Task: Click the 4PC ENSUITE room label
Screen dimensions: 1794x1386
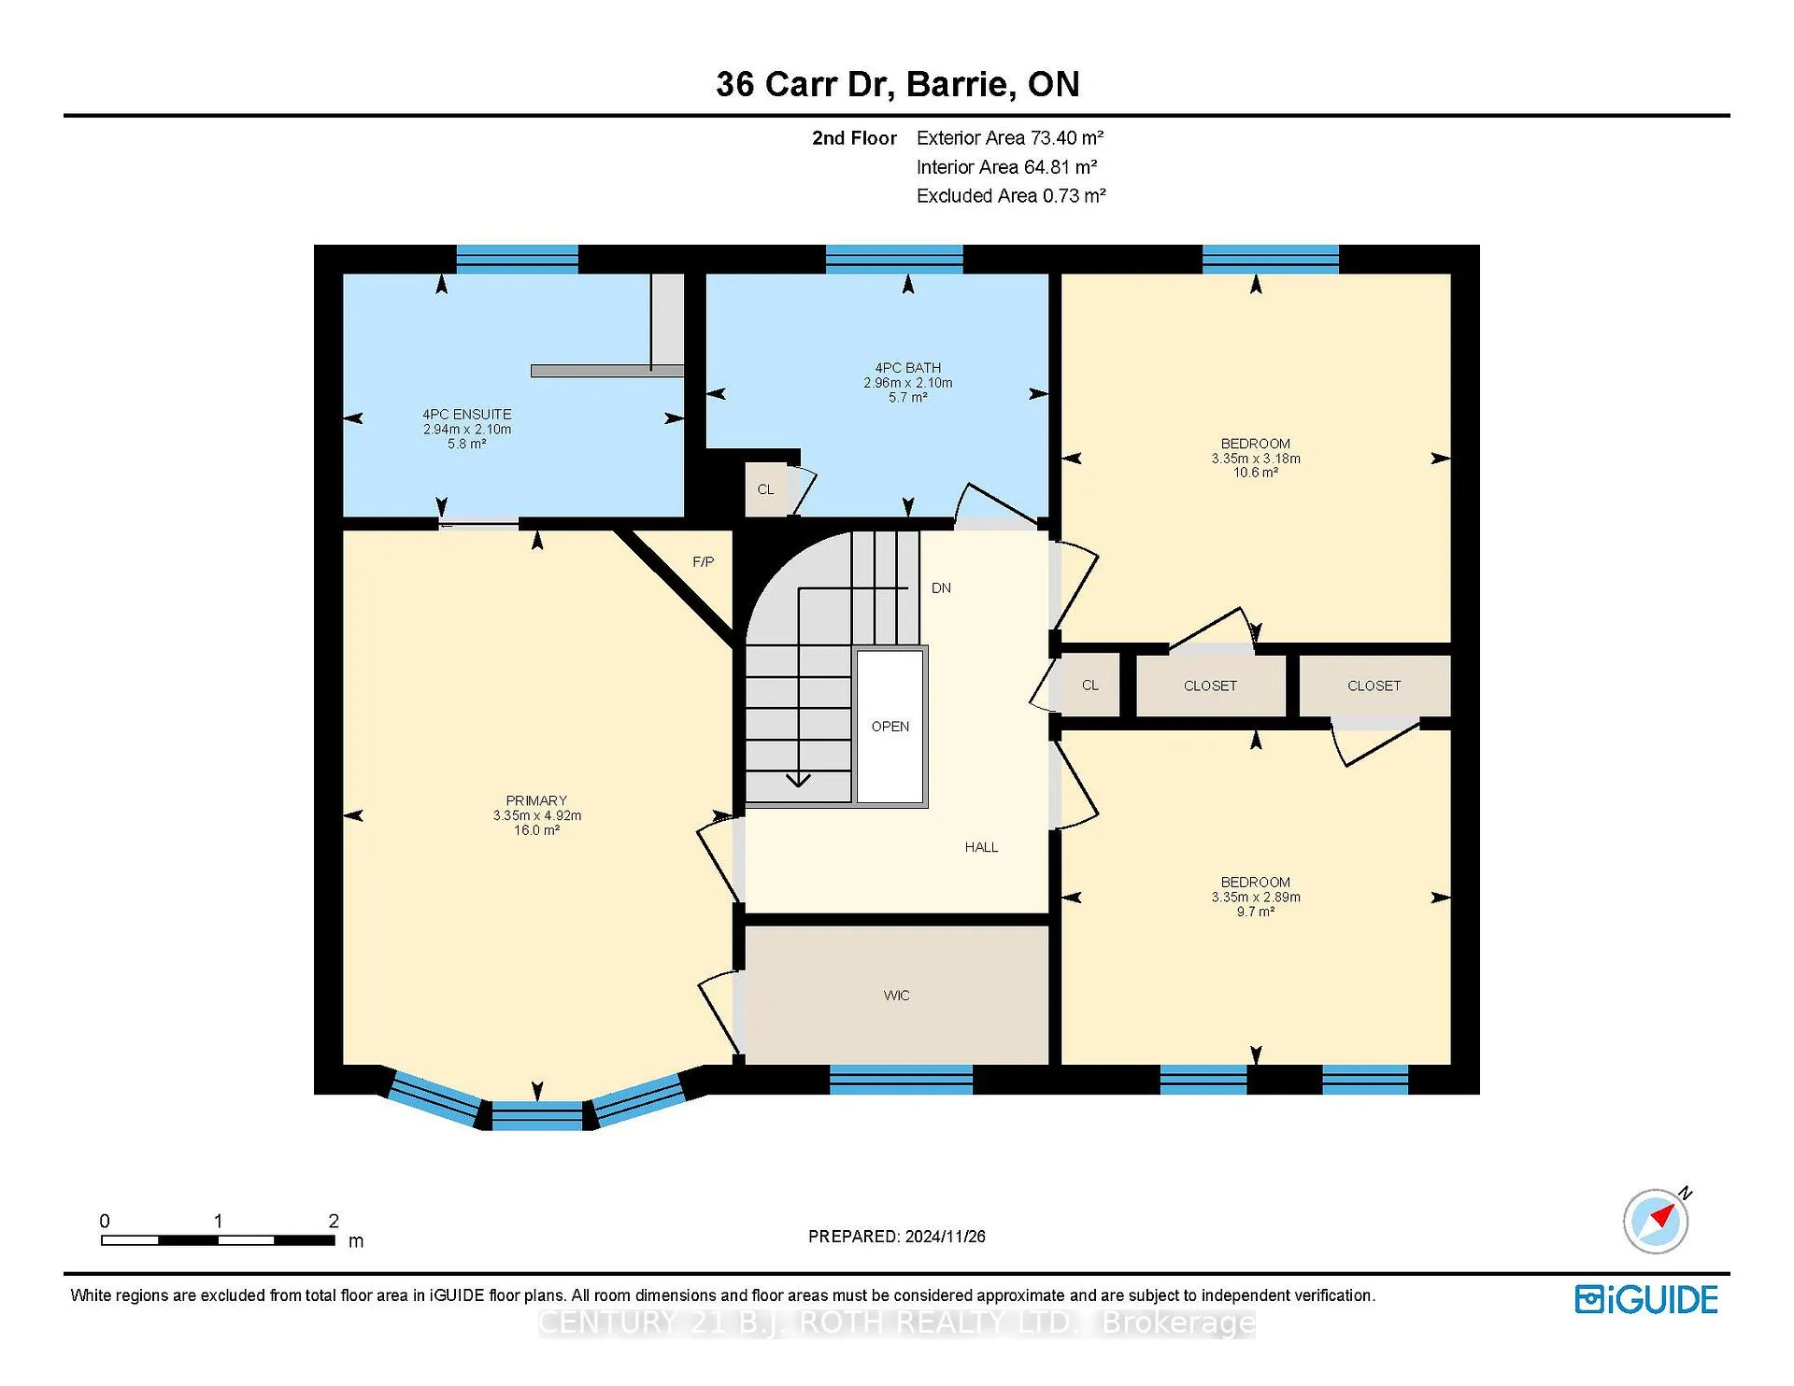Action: tap(467, 414)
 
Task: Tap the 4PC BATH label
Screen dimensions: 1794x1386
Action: tap(907, 368)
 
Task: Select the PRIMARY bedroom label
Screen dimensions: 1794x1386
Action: tap(536, 800)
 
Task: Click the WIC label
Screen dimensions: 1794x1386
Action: tap(896, 996)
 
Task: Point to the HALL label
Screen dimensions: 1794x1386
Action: tap(981, 847)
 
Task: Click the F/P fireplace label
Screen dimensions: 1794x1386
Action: tap(704, 561)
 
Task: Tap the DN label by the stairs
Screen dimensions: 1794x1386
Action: tap(941, 588)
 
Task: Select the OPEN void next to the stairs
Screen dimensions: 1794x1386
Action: tap(890, 727)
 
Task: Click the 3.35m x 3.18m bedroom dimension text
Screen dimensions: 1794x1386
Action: tap(1256, 459)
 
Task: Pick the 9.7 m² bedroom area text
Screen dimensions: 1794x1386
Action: tap(1256, 912)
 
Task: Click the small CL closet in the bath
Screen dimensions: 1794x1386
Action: tap(766, 489)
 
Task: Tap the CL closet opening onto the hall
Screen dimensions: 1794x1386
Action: tap(1089, 686)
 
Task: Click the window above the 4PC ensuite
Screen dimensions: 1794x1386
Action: tap(517, 259)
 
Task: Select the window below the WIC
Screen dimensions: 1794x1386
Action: tap(901, 1080)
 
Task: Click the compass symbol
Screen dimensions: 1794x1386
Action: tap(1657, 1221)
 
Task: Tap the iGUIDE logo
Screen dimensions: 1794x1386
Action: tap(1646, 1300)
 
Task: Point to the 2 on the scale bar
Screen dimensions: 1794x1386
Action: tap(334, 1221)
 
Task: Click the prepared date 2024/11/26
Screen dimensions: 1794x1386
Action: tap(944, 1237)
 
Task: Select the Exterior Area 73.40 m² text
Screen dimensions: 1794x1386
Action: tap(1010, 138)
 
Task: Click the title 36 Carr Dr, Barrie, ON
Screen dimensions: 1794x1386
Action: tap(898, 84)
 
